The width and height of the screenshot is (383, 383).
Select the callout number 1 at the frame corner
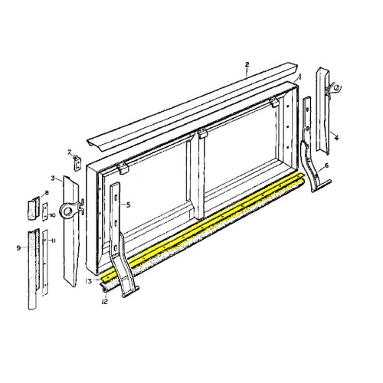click(x=300, y=77)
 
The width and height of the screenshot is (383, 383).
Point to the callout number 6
click(x=326, y=166)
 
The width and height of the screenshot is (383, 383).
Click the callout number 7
click(x=69, y=152)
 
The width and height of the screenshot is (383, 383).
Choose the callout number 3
click(x=53, y=178)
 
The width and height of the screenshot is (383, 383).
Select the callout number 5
click(x=128, y=205)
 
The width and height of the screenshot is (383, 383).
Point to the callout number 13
click(x=90, y=282)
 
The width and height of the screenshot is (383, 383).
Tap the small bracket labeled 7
click(x=77, y=162)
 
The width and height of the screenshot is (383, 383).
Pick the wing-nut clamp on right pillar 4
click(x=330, y=90)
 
